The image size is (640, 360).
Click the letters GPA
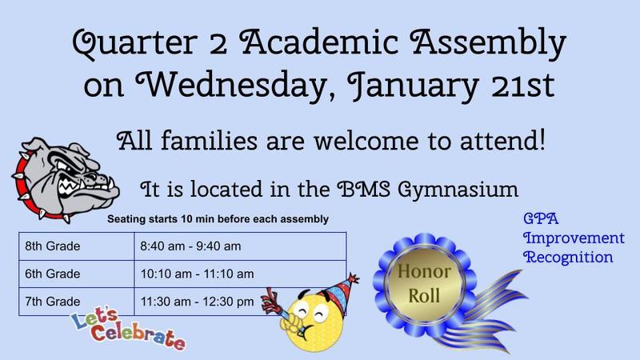(x=536, y=219)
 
